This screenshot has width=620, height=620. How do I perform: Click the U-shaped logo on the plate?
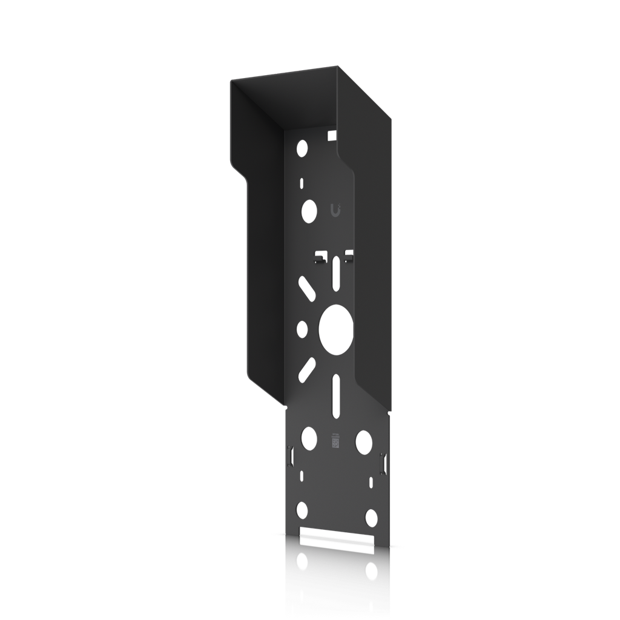pos(336,210)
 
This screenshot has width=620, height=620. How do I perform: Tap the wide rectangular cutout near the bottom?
pos(334,538)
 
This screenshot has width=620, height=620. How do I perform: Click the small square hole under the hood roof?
pos(331,136)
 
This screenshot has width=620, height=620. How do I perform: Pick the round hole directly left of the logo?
pos(309,210)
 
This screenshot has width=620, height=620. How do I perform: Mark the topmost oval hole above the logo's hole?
pos(302,147)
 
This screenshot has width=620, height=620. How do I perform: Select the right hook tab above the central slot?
pos(348,256)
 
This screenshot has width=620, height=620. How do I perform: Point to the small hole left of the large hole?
pos(302,329)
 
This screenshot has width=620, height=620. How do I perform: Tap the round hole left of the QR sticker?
pos(309,438)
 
